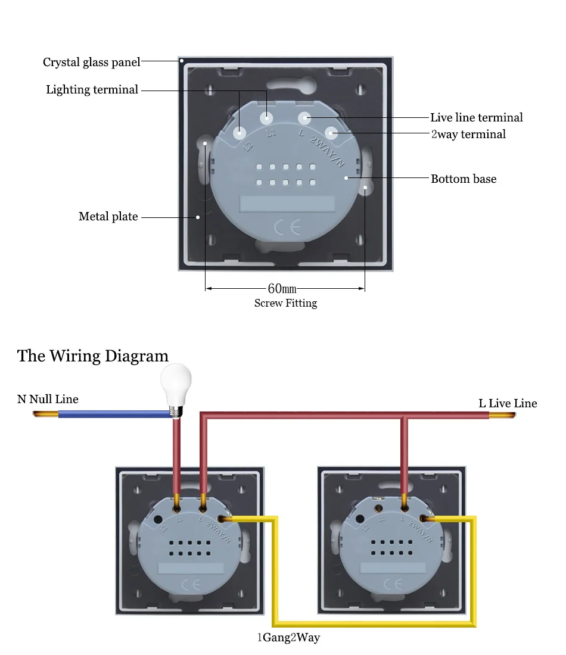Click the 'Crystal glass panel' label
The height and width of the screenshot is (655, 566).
coord(92,63)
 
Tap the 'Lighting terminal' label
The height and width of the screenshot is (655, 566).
coord(92,89)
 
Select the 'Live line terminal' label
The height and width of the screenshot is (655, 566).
coord(477,117)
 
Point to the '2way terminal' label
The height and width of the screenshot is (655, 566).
coord(468,134)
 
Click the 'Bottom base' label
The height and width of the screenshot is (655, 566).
coord(464,179)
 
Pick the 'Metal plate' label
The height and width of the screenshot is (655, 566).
coord(108,216)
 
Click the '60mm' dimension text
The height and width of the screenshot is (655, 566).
coord(282,289)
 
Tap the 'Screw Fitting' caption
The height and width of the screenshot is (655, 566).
coord(286,303)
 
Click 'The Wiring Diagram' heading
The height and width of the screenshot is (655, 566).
coord(93,356)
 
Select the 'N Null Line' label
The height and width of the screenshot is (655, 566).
coord(48,399)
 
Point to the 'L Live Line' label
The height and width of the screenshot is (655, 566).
coord(508,403)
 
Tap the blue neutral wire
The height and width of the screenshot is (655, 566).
coord(114,414)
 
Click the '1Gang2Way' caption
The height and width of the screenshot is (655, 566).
coord(288,638)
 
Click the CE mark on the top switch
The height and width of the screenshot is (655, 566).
coord(287,227)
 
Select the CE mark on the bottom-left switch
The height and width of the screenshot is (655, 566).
coord(191,584)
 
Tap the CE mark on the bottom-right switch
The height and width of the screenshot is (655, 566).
coord(393,584)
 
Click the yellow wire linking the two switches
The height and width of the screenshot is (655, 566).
coord(374,624)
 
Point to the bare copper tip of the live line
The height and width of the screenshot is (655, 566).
coord(502,415)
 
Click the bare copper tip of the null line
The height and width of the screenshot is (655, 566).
coord(45,414)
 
